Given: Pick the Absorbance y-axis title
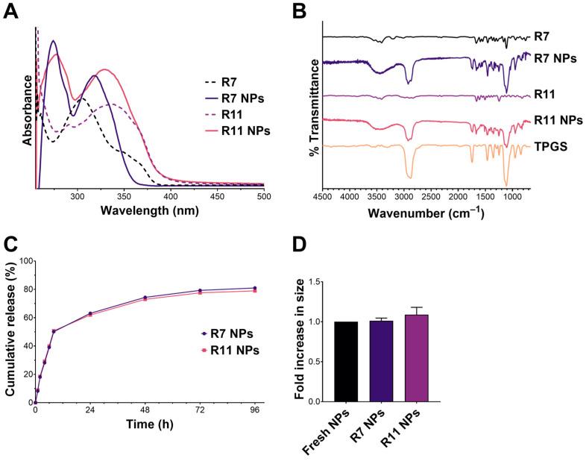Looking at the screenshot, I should point(28,107).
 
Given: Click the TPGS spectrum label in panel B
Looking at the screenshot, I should point(549,148).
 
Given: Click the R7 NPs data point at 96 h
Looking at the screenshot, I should point(255,288).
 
